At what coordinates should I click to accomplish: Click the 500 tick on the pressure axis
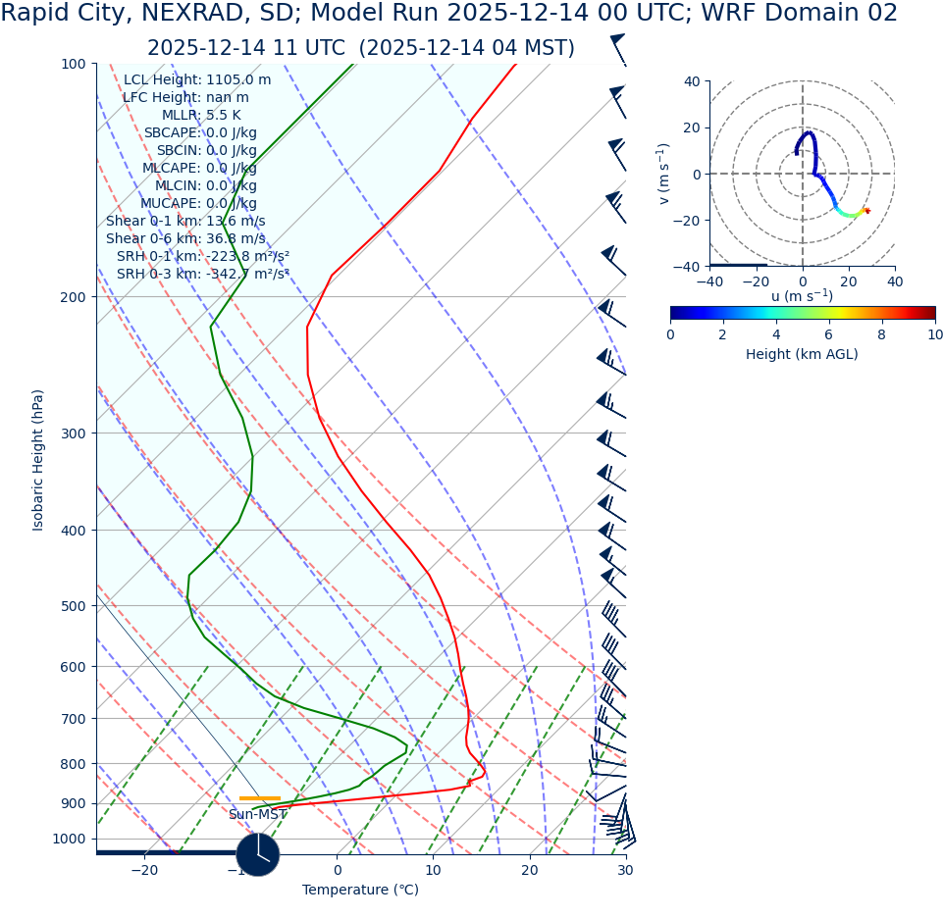pos(74,606)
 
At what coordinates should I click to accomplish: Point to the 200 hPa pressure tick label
pos(74,297)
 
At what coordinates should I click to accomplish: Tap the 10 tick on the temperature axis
pos(433,871)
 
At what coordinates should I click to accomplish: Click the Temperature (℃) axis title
pos(360,891)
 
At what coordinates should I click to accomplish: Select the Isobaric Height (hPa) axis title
pos(38,460)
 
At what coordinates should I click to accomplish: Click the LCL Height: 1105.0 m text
pos(197,80)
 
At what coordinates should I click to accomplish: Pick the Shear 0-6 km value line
pos(185,239)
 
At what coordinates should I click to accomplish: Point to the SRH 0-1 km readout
pos(203,257)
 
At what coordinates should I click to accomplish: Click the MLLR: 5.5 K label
pos(201,116)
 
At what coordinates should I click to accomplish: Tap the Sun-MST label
pos(258,815)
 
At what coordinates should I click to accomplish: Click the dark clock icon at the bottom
pos(258,854)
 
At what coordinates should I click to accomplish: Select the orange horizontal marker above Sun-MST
pos(259,798)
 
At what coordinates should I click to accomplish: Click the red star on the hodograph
pos(866,211)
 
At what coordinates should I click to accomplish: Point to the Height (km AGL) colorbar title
pos(802,355)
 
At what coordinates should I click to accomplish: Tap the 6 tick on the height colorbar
pos(829,335)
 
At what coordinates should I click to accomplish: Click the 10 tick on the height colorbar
pos(934,335)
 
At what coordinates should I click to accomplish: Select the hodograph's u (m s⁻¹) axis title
pos(802,296)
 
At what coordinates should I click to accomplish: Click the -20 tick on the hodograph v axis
pos(691,221)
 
